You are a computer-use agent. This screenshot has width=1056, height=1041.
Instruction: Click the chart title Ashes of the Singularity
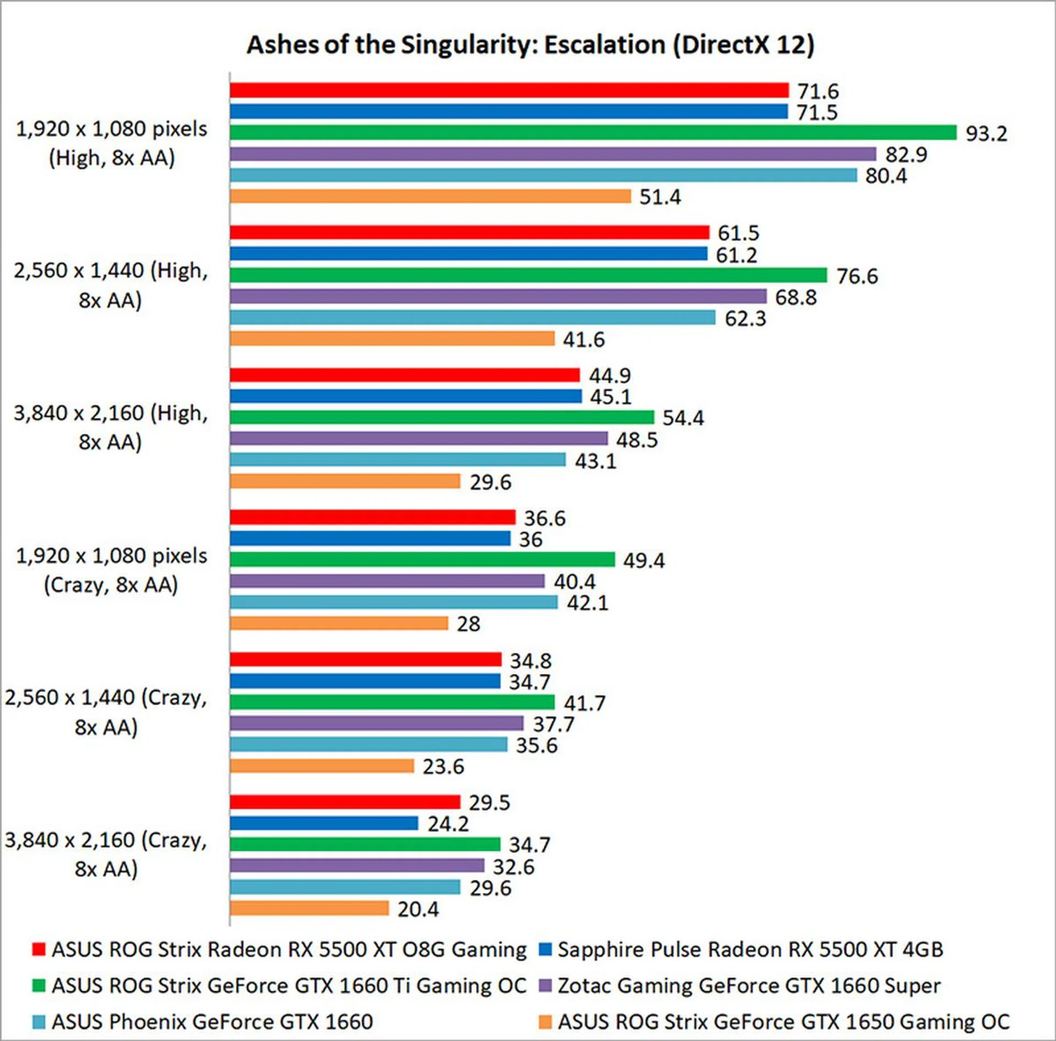tap(530, 45)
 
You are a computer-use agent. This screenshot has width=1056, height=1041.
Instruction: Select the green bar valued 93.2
tap(593, 133)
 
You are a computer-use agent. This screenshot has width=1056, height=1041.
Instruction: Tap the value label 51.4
tap(659, 197)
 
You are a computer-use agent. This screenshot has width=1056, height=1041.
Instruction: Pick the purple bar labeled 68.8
tap(498, 297)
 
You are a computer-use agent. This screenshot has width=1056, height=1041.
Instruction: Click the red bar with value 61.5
tap(469, 233)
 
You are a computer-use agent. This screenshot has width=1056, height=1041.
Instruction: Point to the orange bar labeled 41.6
tap(392, 339)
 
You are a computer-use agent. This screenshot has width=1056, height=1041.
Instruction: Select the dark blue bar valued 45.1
tap(405, 396)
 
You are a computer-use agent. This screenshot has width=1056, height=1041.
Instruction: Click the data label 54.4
tap(683, 418)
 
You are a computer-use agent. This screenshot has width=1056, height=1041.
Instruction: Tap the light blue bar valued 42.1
tap(393, 602)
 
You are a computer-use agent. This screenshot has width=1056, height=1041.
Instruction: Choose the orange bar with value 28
tap(339, 624)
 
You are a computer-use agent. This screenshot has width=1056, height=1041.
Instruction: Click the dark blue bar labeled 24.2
tap(324, 823)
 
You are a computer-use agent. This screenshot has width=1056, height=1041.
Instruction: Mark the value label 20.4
tap(418, 910)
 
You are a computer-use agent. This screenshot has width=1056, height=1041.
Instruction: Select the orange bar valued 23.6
tap(322, 766)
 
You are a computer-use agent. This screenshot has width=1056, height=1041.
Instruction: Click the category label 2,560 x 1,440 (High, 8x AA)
tap(111, 285)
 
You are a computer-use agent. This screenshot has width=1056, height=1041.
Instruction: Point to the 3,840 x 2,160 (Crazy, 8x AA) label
tap(106, 855)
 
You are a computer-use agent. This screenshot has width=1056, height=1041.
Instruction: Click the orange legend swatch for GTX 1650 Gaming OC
tap(544, 1022)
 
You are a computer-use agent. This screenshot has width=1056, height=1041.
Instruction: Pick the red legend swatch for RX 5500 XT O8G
tap(38, 950)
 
